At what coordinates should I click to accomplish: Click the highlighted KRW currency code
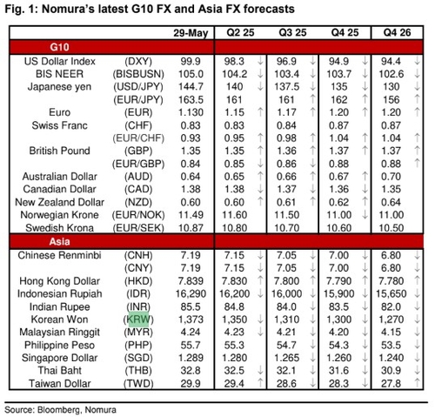tap(138, 319)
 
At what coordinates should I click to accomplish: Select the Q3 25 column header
tap(292, 32)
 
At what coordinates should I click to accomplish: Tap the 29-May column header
tap(191, 33)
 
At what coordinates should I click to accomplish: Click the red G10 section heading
tap(59, 47)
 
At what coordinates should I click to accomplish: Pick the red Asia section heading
tap(59, 241)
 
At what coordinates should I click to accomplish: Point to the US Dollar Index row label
tap(60, 61)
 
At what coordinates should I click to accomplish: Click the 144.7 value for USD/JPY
tap(191, 86)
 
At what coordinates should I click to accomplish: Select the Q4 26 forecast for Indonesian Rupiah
tap(391, 293)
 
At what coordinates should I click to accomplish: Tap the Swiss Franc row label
tap(59, 125)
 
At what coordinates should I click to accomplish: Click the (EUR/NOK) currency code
tap(138, 215)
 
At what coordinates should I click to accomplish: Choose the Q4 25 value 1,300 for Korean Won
tap(338, 319)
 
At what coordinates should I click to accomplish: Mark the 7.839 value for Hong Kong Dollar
tap(191, 280)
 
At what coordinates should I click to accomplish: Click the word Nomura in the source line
tap(101, 410)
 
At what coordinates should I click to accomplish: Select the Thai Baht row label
tap(60, 370)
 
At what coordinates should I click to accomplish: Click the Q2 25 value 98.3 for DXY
tap(234, 61)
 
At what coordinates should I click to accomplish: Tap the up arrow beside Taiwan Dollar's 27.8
tap(417, 383)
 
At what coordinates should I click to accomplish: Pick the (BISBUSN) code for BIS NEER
tap(138, 74)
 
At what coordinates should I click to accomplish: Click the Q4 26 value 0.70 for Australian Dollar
tap(391, 177)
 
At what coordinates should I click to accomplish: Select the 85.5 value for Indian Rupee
tap(191, 306)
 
